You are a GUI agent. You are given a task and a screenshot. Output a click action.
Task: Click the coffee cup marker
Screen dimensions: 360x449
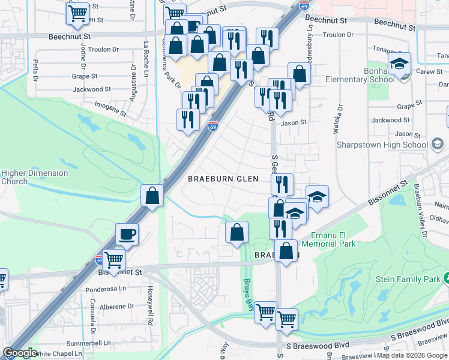(x=127, y=234)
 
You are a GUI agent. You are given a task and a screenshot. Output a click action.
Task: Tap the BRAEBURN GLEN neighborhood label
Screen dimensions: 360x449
(x=223, y=179)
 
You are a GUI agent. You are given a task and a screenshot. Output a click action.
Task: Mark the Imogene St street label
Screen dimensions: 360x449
(x=111, y=109)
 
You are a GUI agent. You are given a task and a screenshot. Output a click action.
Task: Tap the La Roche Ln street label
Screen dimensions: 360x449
(x=146, y=52)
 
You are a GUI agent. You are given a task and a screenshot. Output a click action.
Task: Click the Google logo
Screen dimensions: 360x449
(x=20, y=353)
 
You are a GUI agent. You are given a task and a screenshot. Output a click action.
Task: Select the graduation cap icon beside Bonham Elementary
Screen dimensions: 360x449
(x=399, y=64)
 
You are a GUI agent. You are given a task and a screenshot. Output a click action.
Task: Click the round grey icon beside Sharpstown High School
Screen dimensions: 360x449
(x=437, y=144)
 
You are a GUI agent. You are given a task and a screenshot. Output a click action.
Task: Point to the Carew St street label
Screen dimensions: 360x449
(x=429, y=71)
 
